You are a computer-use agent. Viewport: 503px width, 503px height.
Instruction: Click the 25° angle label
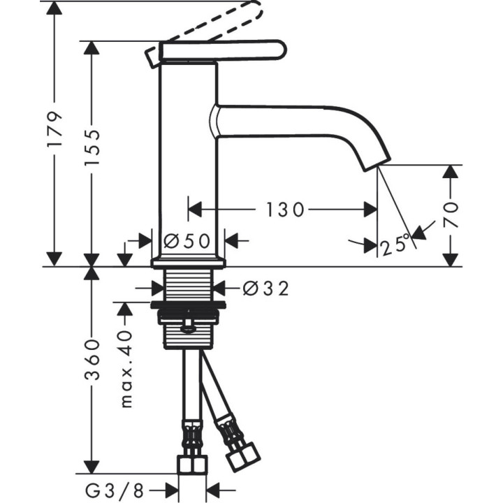395,245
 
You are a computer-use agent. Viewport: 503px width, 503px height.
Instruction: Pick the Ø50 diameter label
187,241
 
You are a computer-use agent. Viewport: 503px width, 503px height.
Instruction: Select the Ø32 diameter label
265,287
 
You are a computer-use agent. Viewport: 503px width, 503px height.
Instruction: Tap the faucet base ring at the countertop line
189,263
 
